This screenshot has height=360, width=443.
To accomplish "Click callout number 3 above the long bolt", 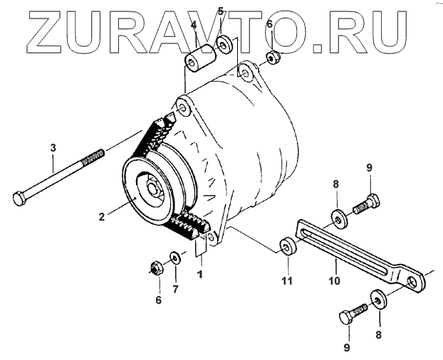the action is pyautogui.click(x=52, y=148).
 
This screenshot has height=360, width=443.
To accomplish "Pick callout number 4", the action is pyautogui.click(x=194, y=26).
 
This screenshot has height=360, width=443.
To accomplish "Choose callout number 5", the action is pyautogui.click(x=220, y=11).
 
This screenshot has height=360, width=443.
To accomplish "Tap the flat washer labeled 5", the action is pyautogui.click(x=223, y=44).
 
